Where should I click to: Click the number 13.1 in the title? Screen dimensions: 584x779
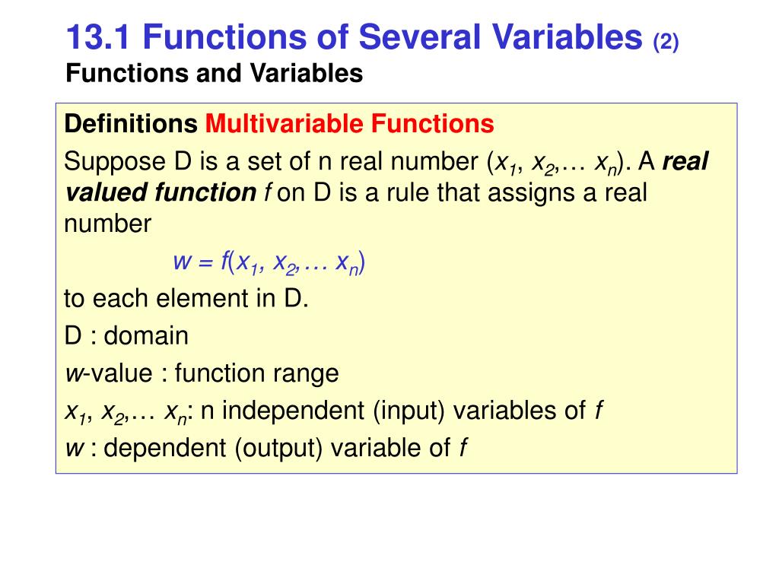[97, 36]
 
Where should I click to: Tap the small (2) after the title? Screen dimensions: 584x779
[666, 40]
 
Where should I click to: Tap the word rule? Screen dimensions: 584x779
[405, 192]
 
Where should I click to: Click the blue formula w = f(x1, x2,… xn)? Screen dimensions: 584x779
[269, 262]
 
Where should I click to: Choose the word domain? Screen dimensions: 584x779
[148, 335]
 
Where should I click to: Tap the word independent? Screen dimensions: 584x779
[292, 411]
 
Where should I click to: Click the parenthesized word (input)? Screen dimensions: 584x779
[409, 411]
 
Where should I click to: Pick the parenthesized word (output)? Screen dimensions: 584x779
[275, 449]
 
